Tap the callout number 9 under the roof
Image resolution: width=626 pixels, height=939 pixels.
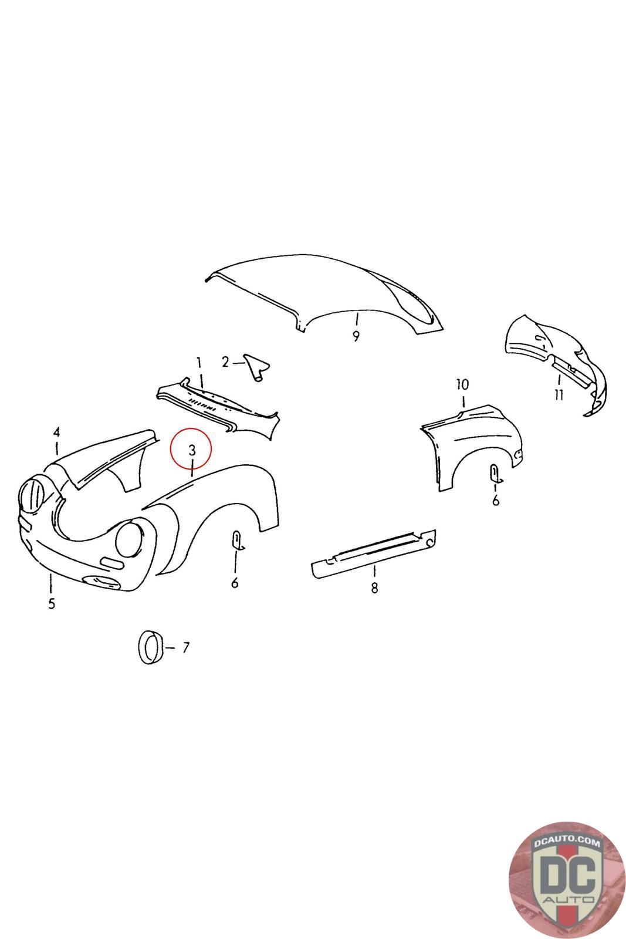(356, 336)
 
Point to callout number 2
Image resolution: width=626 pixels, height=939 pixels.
(225, 362)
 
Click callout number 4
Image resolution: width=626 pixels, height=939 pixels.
(56, 432)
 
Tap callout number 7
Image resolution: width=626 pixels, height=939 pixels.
(185, 648)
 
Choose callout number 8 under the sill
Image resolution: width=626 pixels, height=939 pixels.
(374, 587)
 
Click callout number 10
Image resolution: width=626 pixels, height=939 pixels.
(462, 384)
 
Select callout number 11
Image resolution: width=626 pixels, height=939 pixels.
(559, 394)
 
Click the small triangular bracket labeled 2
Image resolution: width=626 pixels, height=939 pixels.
(256, 367)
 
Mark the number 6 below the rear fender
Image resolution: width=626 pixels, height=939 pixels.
(496, 501)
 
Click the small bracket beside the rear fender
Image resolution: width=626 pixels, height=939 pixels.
(496, 473)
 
